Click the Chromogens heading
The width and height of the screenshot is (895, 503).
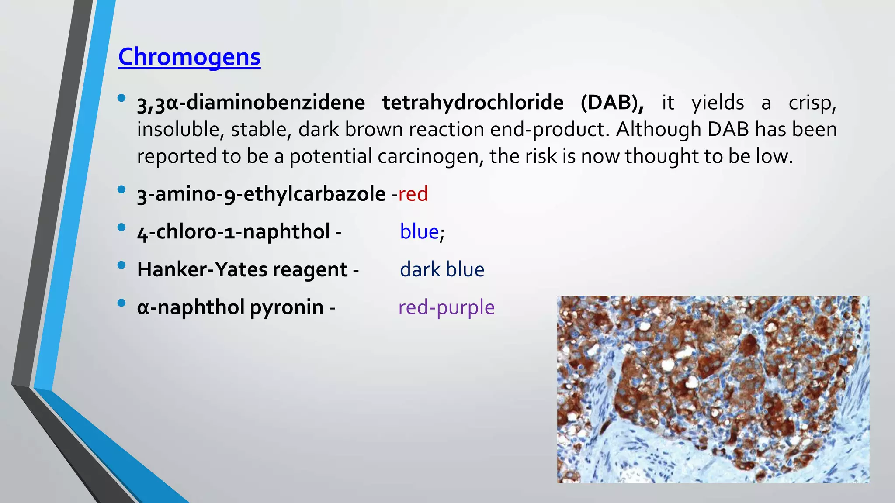[189, 57]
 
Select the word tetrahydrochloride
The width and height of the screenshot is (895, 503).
[473, 103]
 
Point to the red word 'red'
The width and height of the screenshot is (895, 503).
[413, 194]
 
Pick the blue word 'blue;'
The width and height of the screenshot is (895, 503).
[422, 232]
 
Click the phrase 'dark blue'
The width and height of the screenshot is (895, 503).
[442, 269]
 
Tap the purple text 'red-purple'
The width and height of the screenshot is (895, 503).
[446, 307]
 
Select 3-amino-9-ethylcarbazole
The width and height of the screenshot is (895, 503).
[261, 194]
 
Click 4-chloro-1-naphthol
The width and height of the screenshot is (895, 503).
[233, 232]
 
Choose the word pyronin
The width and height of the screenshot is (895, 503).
[286, 307]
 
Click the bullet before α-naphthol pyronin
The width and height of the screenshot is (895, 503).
[121, 303]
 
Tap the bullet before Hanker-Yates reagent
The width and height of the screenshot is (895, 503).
[121, 265]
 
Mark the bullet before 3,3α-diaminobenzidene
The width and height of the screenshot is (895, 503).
[121, 98]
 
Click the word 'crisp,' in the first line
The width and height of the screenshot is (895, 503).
[812, 103]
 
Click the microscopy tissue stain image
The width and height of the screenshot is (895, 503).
[713, 389]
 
